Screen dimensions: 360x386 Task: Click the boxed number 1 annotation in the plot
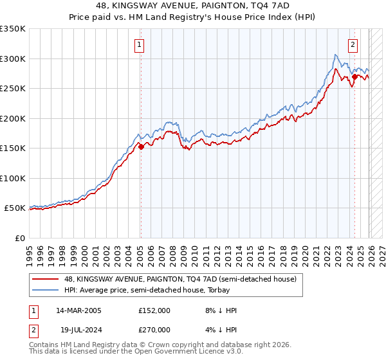coord(140,44)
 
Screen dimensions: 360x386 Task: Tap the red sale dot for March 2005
coord(141,147)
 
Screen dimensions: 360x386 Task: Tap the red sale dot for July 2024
coord(354,76)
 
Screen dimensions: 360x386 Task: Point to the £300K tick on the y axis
coord(13,59)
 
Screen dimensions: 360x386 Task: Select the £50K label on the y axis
coord(15,208)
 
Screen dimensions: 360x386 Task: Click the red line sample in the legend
coord(45,279)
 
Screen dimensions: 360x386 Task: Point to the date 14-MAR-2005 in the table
coord(78,310)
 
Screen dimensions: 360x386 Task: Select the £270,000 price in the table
coord(154,329)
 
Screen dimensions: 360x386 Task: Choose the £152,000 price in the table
coord(154,310)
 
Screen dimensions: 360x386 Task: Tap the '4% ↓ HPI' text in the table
coord(219,329)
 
